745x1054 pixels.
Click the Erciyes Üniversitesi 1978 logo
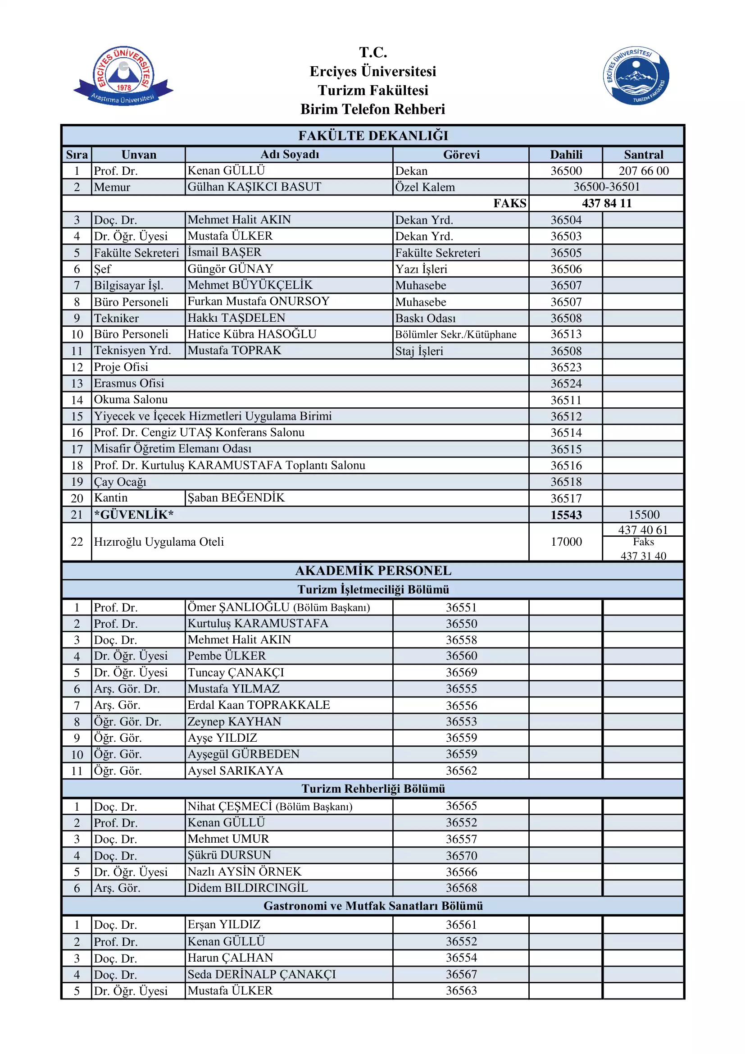(x=123, y=76)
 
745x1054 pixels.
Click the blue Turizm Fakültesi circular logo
(x=636, y=76)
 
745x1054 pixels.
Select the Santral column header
(x=643, y=155)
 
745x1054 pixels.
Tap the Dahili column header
(x=566, y=155)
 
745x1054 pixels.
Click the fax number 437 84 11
(x=606, y=203)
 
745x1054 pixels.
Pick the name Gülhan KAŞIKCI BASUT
(x=254, y=187)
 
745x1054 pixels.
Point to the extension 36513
(x=566, y=334)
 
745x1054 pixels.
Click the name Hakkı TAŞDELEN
(x=236, y=318)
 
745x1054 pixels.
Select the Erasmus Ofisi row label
(x=129, y=383)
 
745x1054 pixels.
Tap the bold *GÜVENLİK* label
(x=133, y=515)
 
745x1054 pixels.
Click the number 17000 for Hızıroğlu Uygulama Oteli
(x=566, y=542)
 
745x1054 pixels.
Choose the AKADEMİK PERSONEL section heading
(x=373, y=570)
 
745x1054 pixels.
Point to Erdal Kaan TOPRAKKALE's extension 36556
(x=462, y=705)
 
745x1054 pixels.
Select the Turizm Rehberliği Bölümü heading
(x=373, y=789)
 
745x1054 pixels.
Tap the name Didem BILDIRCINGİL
(x=247, y=888)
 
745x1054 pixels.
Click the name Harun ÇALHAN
(x=230, y=958)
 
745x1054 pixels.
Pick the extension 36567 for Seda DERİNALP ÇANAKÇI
(x=462, y=974)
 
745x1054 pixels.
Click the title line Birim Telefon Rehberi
(x=372, y=109)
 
